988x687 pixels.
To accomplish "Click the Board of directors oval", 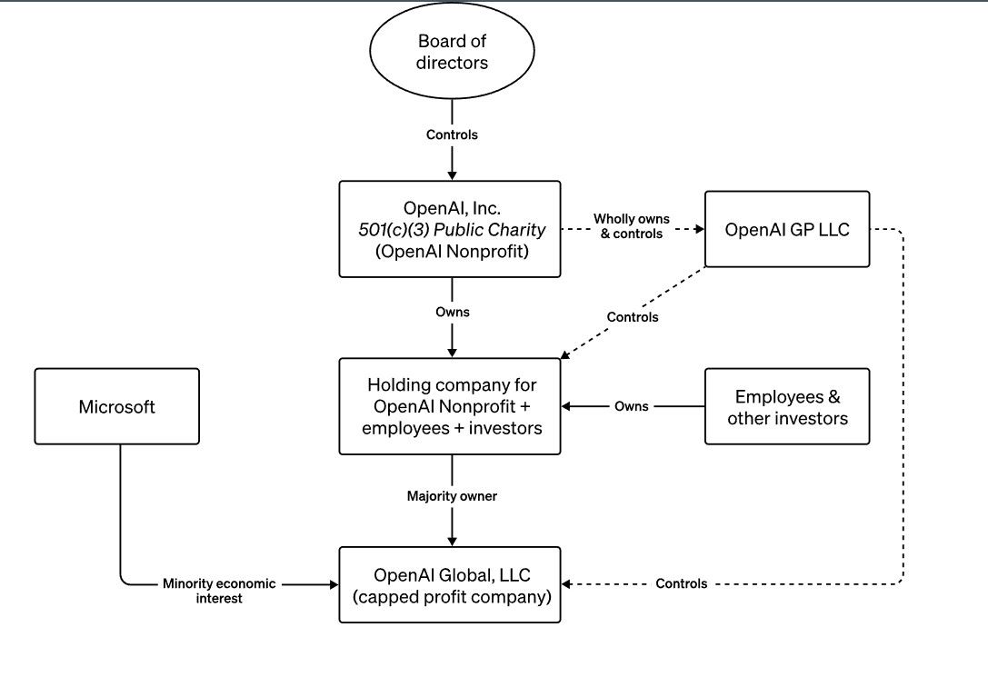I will (x=452, y=53).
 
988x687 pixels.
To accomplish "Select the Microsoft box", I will (x=116, y=406).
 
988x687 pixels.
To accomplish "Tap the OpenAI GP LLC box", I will (x=787, y=229).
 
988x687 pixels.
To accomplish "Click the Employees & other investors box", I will (x=787, y=406).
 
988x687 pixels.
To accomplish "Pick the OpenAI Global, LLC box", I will (x=450, y=584).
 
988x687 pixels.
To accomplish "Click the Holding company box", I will (x=450, y=406).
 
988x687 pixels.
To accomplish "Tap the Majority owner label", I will (x=452, y=496).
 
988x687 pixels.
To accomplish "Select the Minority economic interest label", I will (x=219, y=591).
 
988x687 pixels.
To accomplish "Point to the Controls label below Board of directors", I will (x=452, y=134).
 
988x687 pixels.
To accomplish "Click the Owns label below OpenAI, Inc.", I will (x=452, y=312).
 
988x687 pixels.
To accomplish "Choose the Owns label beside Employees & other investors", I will (x=631, y=406).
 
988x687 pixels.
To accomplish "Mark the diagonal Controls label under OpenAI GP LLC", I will (x=633, y=317).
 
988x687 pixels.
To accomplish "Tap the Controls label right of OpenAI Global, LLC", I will (x=681, y=583).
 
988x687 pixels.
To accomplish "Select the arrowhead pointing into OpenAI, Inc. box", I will (x=452, y=175).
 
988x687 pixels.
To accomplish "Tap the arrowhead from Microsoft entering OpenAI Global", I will (x=333, y=584).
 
